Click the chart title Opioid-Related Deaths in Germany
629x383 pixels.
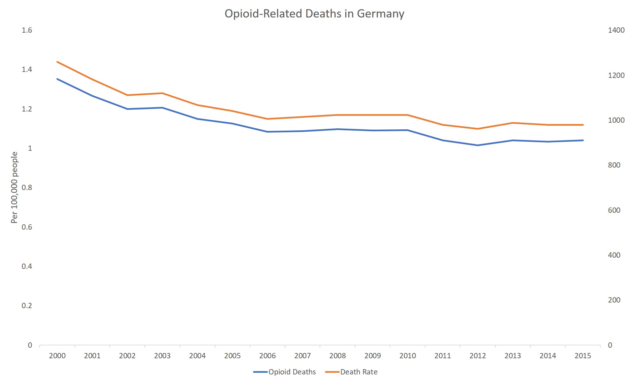314,14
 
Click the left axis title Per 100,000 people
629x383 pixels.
14,187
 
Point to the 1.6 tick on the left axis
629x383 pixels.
27,30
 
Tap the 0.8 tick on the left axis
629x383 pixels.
27,188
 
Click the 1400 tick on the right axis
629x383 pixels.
616,30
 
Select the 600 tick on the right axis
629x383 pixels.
614,210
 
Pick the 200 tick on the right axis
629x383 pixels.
614,300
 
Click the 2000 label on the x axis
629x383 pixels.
57,356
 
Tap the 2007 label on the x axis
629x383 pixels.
302,356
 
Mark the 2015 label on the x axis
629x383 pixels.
583,356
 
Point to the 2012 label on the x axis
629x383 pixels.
478,356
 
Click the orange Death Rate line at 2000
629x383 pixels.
57,62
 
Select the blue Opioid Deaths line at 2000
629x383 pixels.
57,79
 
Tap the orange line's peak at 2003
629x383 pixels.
162,93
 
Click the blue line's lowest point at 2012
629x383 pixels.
478,145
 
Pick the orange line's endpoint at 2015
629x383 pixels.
583,125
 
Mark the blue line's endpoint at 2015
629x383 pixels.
583,140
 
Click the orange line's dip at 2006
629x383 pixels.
267,119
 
